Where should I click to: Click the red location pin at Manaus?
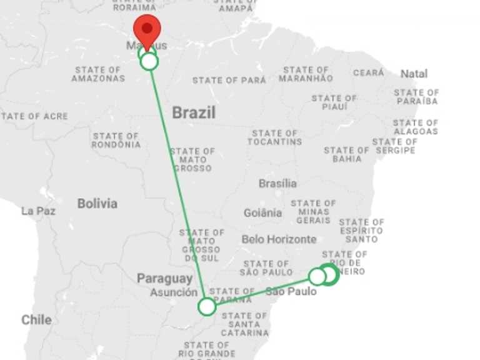click(x=147, y=30)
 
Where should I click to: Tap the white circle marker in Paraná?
click(x=207, y=306)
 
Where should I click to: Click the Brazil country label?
click(x=194, y=113)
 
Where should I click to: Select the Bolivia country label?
click(x=97, y=204)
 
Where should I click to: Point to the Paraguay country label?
click(x=165, y=279)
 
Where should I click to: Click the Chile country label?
click(x=36, y=320)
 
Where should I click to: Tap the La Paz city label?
click(x=38, y=211)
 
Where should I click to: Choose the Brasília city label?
click(x=277, y=184)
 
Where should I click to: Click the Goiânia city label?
click(x=262, y=213)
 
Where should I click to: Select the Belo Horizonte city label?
click(x=279, y=239)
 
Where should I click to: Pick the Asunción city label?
click(x=174, y=292)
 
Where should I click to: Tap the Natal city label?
click(x=414, y=74)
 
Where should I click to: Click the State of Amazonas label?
click(x=98, y=74)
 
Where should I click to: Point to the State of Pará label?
click(x=229, y=81)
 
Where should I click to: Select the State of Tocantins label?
click(x=274, y=137)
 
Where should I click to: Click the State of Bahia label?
click(x=347, y=154)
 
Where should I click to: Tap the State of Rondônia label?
click(x=116, y=140)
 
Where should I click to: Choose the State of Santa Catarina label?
click(x=244, y=324)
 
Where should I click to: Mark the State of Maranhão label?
click(x=306, y=74)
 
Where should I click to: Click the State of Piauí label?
click(x=334, y=102)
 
